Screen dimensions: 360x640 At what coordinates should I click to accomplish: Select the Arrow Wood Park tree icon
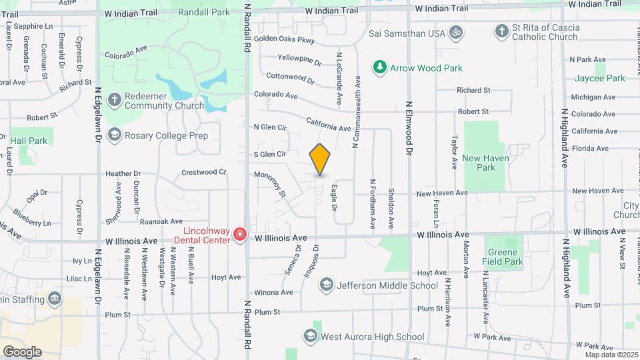pos(379,67)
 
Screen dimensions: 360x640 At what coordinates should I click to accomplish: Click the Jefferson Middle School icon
pos(326,285)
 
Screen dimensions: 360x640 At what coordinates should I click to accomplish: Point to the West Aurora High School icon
pos(310,336)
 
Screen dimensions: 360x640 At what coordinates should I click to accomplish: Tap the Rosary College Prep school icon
pos(114,135)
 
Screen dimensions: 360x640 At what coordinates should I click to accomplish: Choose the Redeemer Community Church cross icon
pos(114,100)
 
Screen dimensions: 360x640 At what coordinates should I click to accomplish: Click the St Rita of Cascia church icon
pos(502,31)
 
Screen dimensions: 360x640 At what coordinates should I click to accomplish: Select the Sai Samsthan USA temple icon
pos(457,32)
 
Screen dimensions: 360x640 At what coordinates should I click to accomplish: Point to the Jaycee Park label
pos(600,78)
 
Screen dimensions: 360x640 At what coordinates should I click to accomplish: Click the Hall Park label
pos(29,141)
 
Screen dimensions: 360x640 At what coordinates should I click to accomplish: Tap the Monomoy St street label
pos(271,184)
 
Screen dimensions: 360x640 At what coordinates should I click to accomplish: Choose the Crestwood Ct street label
pos(204,172)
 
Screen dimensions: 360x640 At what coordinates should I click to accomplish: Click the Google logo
pos(22,351)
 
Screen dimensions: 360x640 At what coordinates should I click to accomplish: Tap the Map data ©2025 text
pos(611,355)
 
